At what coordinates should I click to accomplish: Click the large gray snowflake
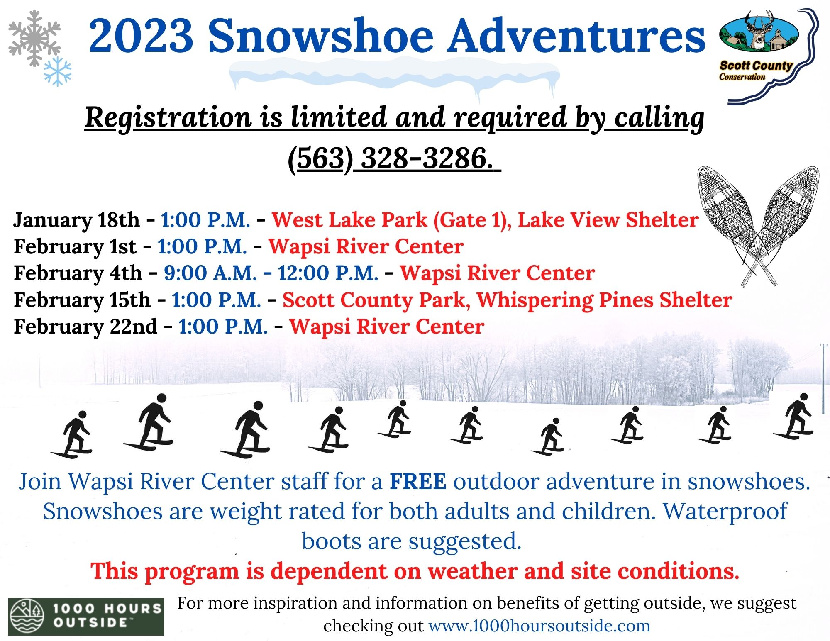34,38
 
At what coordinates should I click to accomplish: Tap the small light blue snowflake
58,71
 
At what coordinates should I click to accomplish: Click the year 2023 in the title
141,36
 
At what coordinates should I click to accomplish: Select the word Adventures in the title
577,36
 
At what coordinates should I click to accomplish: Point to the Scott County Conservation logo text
756,70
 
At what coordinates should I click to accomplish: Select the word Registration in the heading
168,118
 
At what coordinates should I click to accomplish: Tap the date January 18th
77,220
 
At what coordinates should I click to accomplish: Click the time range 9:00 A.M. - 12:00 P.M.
271,273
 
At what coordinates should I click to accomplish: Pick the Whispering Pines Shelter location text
604,300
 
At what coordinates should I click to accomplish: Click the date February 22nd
85,327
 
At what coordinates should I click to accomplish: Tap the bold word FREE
418,482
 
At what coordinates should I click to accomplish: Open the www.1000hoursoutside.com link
539,626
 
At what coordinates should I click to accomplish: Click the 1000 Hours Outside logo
86,616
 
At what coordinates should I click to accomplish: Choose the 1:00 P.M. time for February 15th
216,300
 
